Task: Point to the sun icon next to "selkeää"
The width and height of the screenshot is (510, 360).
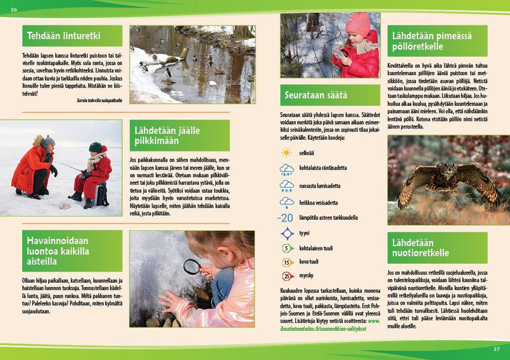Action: tap(287, 153)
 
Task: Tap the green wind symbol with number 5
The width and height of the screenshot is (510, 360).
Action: tap(288, 248)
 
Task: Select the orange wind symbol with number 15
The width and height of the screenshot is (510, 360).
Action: tap(288, 263)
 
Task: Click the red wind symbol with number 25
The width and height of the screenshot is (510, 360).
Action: tap(288, 276)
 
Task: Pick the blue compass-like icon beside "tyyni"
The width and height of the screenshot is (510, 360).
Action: tap(288, 233)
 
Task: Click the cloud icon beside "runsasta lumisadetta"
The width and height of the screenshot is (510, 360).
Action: tap(287, 186)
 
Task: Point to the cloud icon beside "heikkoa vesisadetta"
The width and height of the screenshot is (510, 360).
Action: tap(287, 203)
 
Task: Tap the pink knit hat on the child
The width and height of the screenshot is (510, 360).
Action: tap(358, 24)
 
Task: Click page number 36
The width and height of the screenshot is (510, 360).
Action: tap(14, 10)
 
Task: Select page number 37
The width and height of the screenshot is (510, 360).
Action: tap(496, 349)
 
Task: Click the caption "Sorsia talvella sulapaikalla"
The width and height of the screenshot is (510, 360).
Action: tap(99, 100)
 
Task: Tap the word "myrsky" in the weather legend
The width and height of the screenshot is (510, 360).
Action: tap(307, 276)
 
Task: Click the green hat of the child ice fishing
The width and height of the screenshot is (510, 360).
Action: tap(96, 147)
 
